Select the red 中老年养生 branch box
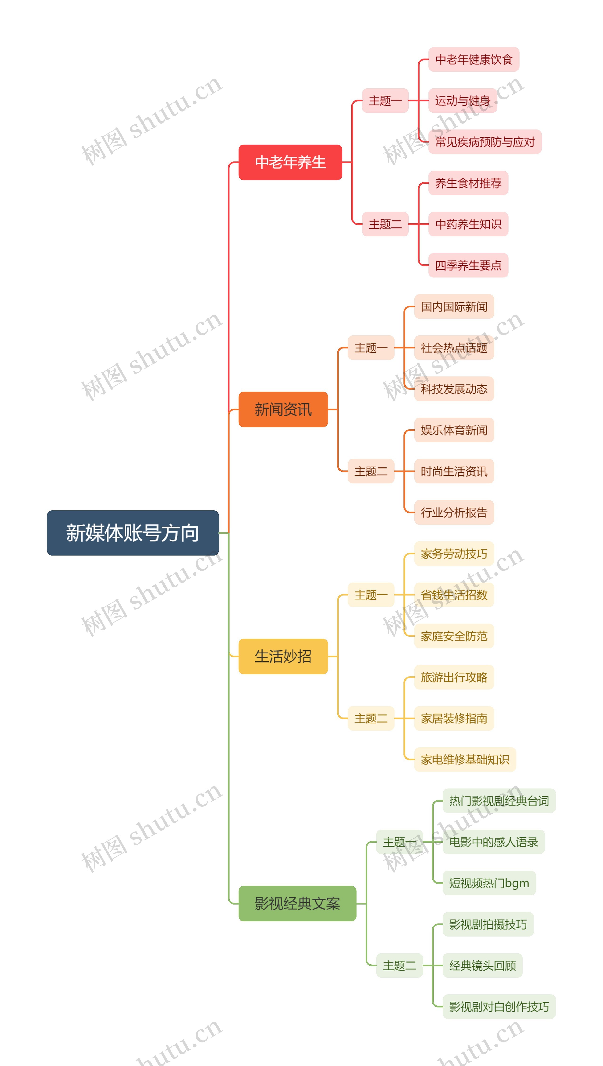click(x=290, y=162)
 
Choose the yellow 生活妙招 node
click(x=283, y=657)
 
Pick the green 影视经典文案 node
click(x=297, y=904)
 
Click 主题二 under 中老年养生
click(x=385, y=224)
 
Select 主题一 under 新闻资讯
click(x=371, y=348)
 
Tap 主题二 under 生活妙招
click(x=371, y=718)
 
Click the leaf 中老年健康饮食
click(x=474, y=59)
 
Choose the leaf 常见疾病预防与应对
click(x=485, y=142)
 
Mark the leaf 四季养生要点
click(x=469, y=265)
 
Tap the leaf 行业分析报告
click(x=454, y=512)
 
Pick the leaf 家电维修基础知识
click(x=465, y=759)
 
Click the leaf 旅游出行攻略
click(x=454, y=677)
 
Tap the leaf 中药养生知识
click(x=469, y=224)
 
